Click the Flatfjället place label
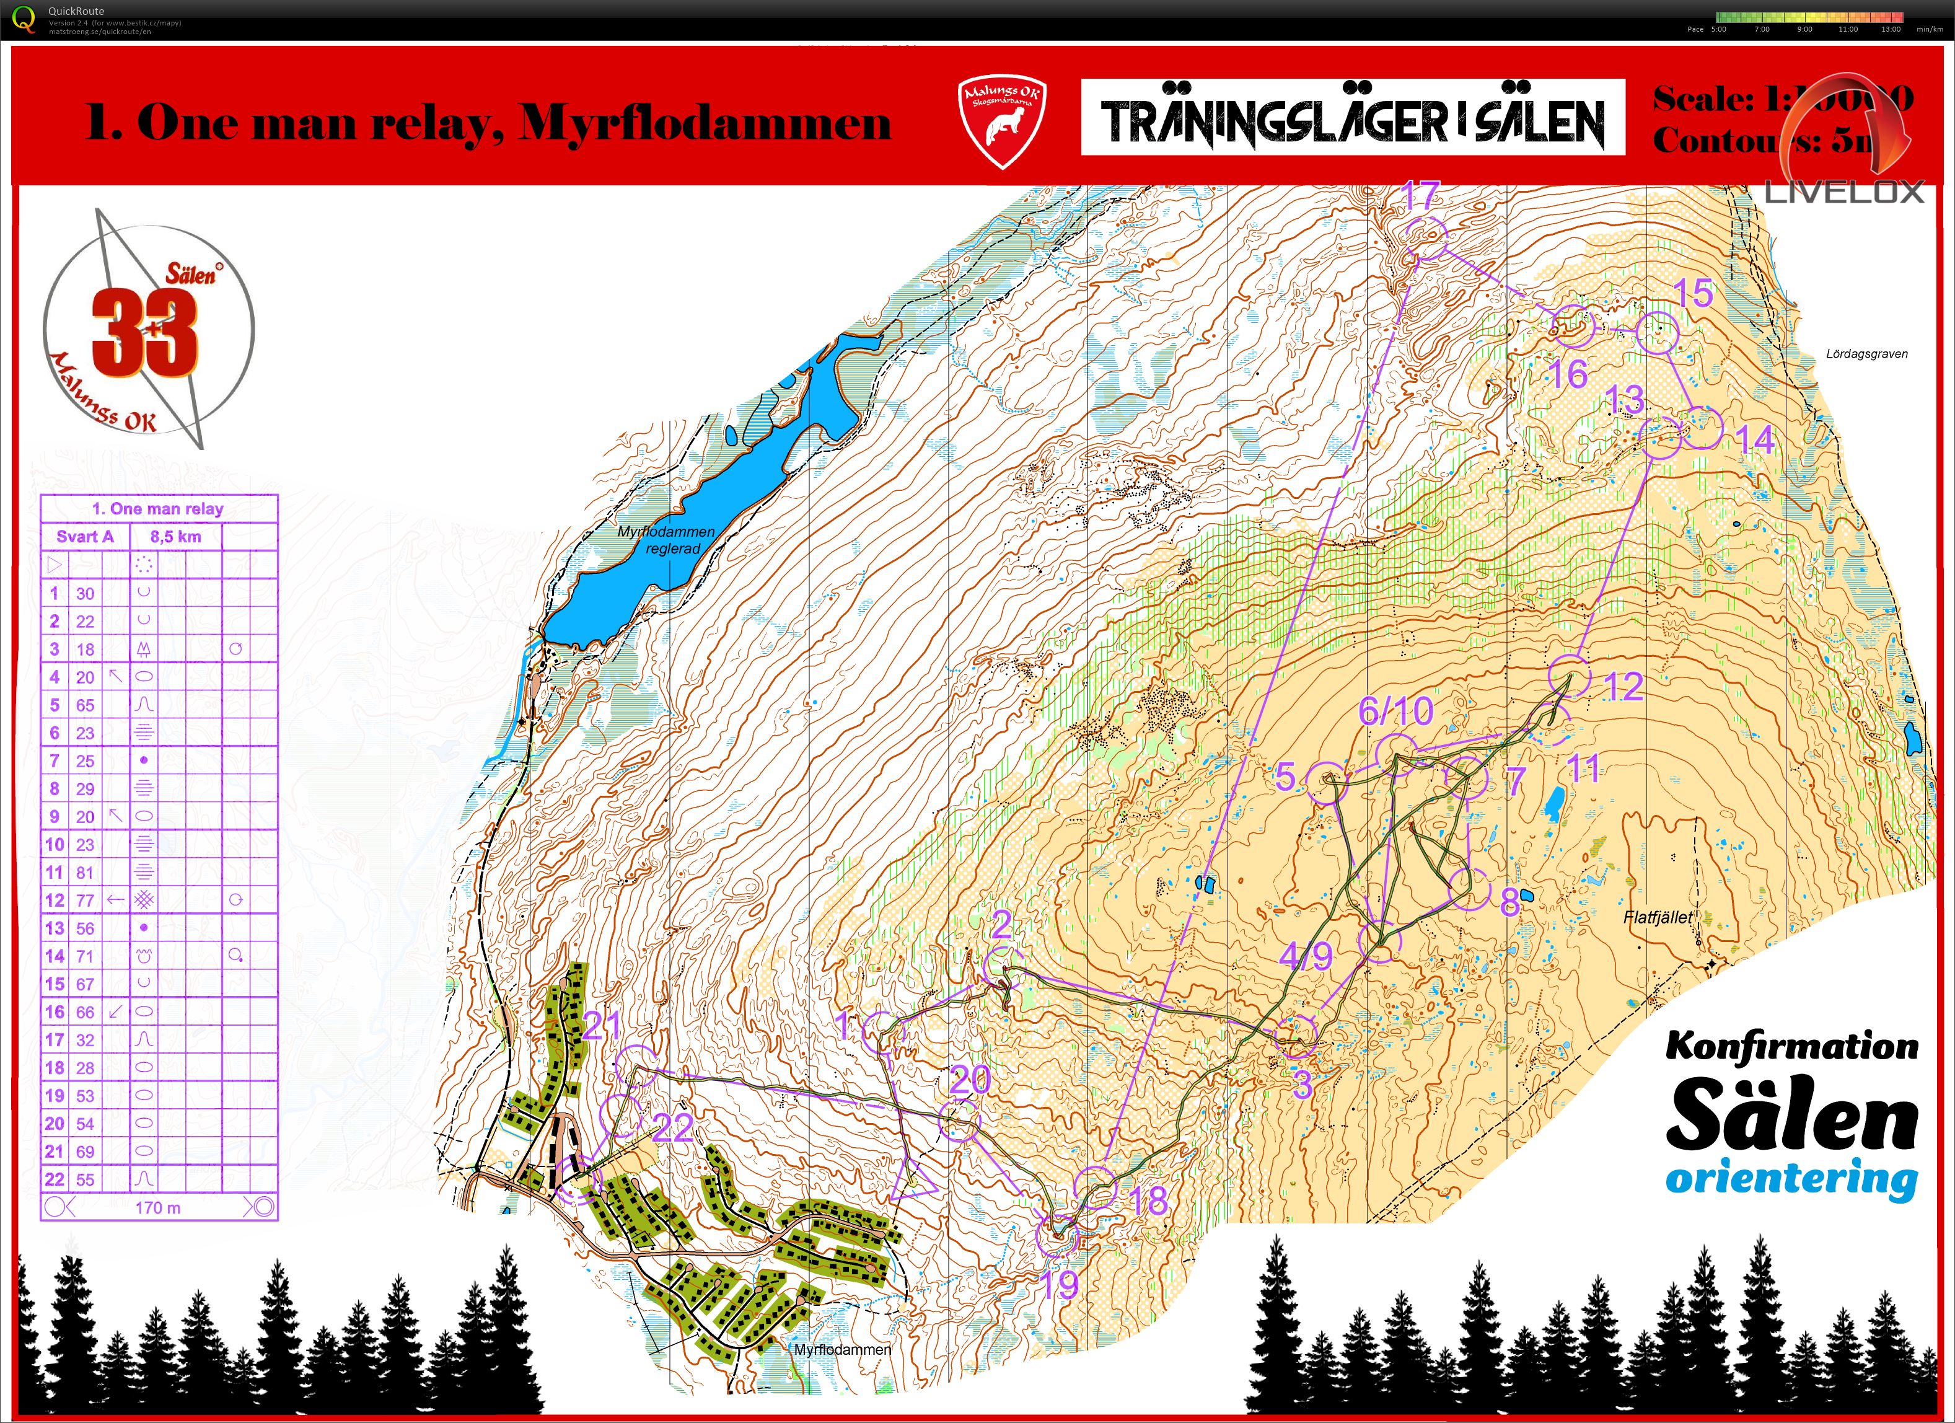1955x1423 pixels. (x=1657, y=917)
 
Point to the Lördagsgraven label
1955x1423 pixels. (x=1866, y=353)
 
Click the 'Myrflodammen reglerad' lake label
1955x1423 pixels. (x=666, y=540)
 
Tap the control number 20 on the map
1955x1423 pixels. (x=970, y=1079)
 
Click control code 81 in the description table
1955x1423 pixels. (x=84, y=872)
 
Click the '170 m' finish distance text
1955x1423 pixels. (x=158, y=1207)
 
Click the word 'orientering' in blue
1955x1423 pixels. (x=1791, y=1178)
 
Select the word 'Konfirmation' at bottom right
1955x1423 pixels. (x=1791, y=1046)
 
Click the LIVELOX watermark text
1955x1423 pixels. (x=1844, y=192)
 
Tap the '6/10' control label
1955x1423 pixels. (x=1395, y=711)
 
